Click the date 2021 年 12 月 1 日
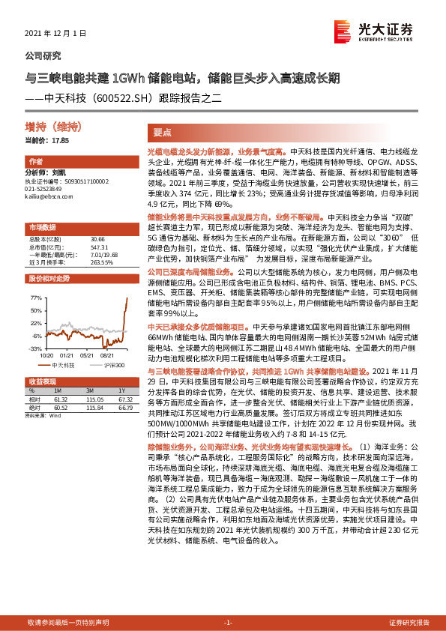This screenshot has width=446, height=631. coord(56,33)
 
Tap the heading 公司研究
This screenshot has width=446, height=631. coord(43,55)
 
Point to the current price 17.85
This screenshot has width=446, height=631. coord(59,140)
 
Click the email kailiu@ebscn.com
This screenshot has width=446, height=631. coord(47,196)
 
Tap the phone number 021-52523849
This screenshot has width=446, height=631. coord(46,189)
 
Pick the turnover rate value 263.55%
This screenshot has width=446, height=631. coord(101,263)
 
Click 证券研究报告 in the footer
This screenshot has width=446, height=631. coord(409,622)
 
